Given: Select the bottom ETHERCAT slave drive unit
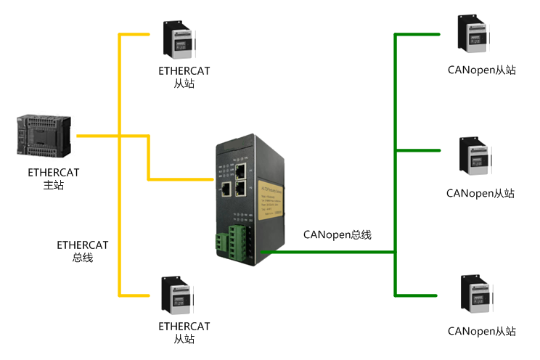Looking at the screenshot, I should coord(178,295).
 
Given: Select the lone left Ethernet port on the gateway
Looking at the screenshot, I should coord(226,189).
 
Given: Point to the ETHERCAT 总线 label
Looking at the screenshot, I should coord(83,251).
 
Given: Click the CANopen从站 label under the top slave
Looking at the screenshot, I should coord(482,71).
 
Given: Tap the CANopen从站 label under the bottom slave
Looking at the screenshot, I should coord(482,331).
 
